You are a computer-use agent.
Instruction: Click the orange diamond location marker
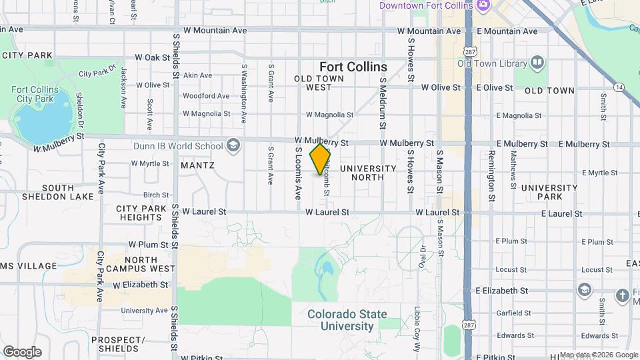point(321,159)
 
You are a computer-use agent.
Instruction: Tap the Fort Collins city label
point(353,67)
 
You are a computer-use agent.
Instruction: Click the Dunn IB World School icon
point(233,146)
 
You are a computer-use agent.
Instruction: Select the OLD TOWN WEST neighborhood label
point(319,83)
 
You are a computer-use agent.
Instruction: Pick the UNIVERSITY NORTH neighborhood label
point(367,173)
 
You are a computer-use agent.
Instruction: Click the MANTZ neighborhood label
point(197,165)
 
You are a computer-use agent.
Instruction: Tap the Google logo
point(22,352)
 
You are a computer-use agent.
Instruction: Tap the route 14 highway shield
point(620,87)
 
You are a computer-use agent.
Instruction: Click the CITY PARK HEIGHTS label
point(141,213)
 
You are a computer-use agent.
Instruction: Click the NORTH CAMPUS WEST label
point(141,265)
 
